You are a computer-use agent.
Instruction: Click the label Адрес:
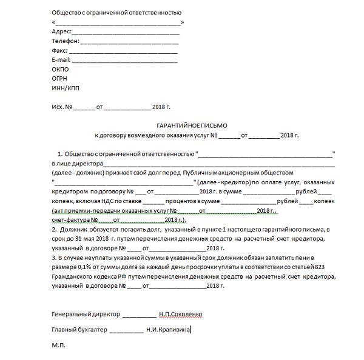pos(62,32)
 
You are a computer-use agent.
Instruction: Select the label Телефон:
pos(66,41)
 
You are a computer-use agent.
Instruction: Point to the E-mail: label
pos(62,60)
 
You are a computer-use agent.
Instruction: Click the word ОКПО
pos(61,70)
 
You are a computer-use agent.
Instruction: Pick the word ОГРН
pos(61,79)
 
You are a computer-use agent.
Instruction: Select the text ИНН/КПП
pos(66,89)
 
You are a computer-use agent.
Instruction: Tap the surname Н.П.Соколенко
pos(181,315)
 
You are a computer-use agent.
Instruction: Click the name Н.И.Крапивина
pos(168,330)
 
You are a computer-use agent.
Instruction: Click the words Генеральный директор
pos(86,315)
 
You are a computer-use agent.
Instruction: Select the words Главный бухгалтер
pos(79,330)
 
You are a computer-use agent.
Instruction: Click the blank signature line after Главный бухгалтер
pos(126,330)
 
